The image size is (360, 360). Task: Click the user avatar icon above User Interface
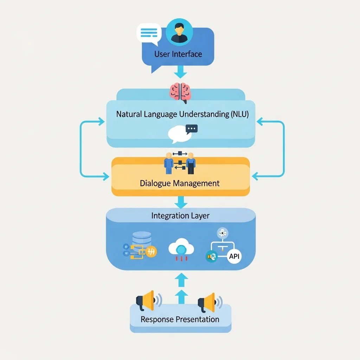coord(179,32)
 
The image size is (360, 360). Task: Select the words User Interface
coord(178,54)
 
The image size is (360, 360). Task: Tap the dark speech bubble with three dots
coord(191,129)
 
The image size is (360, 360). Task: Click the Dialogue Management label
coord(180,183)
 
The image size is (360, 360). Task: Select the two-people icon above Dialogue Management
coord(180,162)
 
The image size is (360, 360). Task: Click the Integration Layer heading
coord(180,216)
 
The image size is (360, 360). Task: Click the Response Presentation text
coord(180,319)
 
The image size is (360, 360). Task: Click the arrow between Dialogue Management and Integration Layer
coord(181,202)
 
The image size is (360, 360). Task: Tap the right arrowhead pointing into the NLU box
coord(260,121)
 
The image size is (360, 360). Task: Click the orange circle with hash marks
coord(152,252)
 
